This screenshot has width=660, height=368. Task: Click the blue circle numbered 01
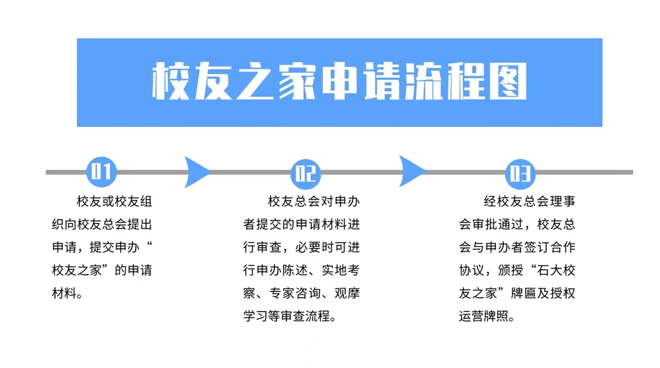pyautogui.click(x=101, y=172)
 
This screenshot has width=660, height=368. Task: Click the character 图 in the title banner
pyautogui.click(x=508, y=81)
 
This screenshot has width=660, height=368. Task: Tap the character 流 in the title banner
pyautogui.click(x=424, y=81)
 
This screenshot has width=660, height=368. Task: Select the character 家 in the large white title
pyautogui.click(x=297, y=81)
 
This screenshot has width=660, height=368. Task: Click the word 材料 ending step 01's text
pyautogui.click(x=64, y=293)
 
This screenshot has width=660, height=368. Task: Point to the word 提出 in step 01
pyautogui.click(x=140, y=224)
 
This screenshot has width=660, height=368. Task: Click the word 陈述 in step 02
pyautogui.click(x=295, y=270)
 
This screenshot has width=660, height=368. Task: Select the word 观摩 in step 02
pyautogui.click(x=347, y=293)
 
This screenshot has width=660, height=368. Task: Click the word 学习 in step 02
pyautogui.click(x=255, y=316)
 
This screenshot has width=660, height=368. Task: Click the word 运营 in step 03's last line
pyautogui.click(x=472, y=316)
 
